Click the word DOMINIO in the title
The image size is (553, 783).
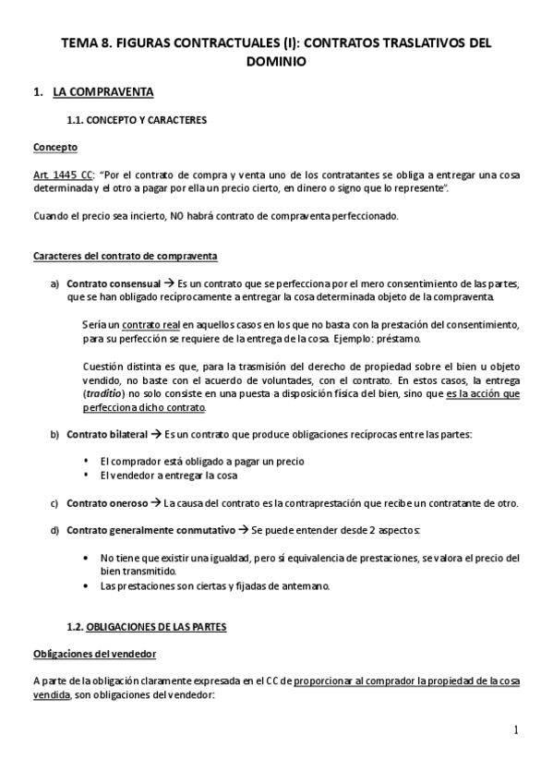(x=276, y=61)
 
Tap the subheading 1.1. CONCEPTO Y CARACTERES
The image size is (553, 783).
(x=137, y=121)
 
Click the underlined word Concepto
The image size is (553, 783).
(x=55, y=148)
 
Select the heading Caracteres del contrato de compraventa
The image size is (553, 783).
(x=126, y=255)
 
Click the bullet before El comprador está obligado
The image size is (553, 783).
(x=87, y=461)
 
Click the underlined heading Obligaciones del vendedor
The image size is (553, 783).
(x=93, y=654)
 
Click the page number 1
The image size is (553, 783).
(x=516, y=730)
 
